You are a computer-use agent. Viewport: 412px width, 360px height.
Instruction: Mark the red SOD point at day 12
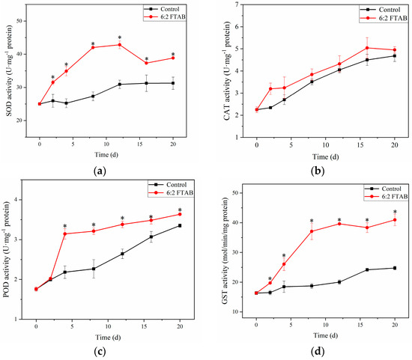[119, 45]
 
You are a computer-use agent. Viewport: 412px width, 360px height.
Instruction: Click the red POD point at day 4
[64, 234]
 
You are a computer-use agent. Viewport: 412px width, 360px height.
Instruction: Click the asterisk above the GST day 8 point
[311, 221]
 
